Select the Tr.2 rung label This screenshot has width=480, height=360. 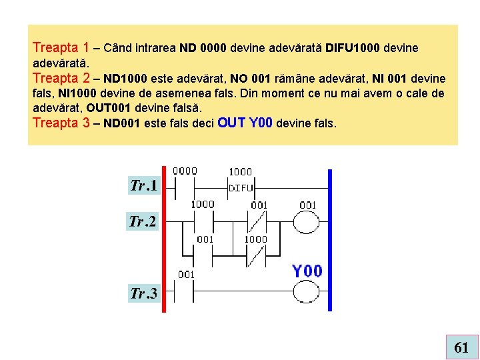(x=143, y=221)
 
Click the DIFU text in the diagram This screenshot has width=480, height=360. (x=241, y=188)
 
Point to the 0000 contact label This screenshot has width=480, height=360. (x=185, y=171)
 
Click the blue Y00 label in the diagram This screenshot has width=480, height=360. (x=307, y=271)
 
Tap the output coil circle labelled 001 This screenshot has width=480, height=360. (x=307, y=221)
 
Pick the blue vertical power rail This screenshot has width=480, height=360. (x=329, y=240)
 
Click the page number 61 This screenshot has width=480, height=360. (x=461, y=347)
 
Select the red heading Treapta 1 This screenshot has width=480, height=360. (x=61, y=47)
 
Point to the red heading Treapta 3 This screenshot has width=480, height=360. (x=61, y=123)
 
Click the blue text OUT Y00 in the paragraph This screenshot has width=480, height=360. (x=245, y=123)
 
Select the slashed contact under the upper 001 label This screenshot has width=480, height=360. (x=257, y=221)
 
